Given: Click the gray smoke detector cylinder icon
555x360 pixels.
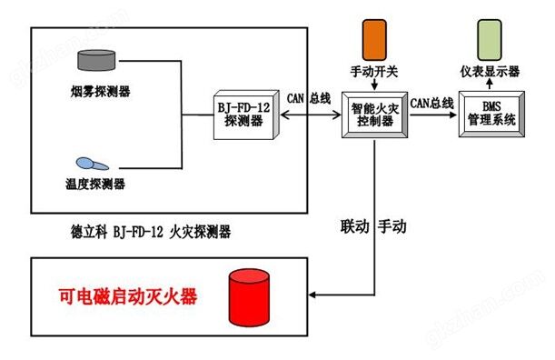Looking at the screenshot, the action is pos(96,60).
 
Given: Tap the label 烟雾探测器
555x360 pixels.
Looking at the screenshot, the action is pos(100,92).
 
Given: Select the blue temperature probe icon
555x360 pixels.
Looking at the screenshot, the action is pos(93,164).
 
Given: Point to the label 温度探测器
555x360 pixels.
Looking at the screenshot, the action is pos(95,184).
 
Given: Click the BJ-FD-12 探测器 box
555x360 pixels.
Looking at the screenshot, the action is pos(246,115).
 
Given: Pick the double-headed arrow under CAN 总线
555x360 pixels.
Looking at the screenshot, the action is pos(311,115).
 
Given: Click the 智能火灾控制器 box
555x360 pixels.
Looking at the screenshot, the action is pos(374,115).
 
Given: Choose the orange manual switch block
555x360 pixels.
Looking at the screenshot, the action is pos(374,40).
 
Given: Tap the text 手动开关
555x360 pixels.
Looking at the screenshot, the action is pos(374,72).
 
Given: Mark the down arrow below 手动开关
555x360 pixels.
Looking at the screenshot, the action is pos(374,85).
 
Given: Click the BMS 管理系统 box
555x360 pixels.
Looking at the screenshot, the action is pos(491,115).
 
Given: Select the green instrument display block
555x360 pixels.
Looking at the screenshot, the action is pos(490,40).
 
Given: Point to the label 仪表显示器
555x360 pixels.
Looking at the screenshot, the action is pos(490,72).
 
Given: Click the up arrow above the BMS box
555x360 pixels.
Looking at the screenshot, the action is pos(490,85).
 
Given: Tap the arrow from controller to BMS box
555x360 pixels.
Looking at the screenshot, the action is pos(433,115).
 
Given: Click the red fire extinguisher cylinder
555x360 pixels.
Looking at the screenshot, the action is pos(249,297).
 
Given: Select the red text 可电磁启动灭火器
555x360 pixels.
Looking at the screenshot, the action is pos(128,297).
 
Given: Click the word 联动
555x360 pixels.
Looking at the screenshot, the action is pos(355,226).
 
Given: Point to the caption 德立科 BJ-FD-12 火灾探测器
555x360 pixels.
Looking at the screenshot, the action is pos(151,232).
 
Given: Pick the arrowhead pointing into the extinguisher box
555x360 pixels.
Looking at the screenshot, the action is pos(312,295).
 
